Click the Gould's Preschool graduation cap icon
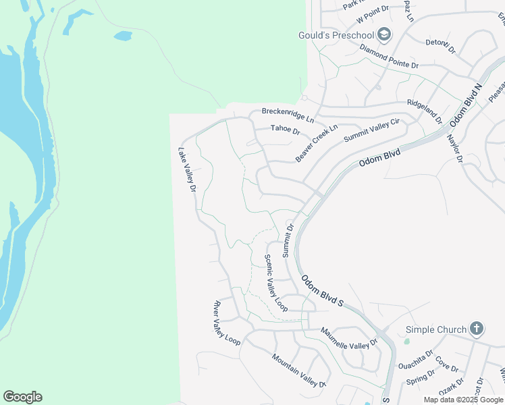click(x=383, y=34)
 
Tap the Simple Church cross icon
click(x=477, y=329)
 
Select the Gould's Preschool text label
click(x=336, y=35)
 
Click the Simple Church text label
click(x=436, y=330)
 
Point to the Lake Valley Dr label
click(x=187, y=170)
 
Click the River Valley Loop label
click(x=227, y=323)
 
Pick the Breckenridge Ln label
click(x=288, y=114)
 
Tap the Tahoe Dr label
click(x=285, y=129)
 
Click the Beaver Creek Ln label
click(x=316, y=143)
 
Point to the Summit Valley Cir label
click(x=372, y=130)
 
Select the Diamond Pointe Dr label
click(x=389, y=57)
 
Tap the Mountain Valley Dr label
click(x=298, y=370)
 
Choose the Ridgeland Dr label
click(x=424, y=111)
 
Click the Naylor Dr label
click(x=454, y=148)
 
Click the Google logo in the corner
click(x=22, y=397)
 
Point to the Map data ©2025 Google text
click(x=464, y=400)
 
